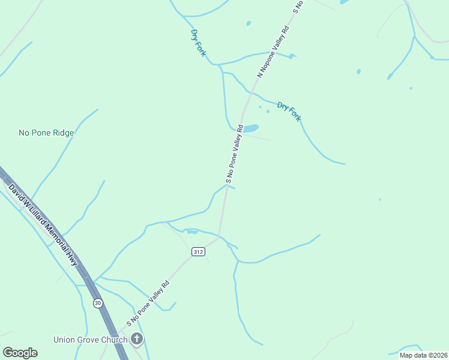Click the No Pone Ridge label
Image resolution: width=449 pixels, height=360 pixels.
[x=46, y=133]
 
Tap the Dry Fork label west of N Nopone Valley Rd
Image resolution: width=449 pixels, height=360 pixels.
[x=198, y=43]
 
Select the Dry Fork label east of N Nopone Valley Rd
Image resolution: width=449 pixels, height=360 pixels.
[x=289, y=111]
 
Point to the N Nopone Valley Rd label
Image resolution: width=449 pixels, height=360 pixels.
[x=273, y=52]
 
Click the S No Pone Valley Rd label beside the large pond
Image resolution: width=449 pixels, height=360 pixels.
[x=234, y=154]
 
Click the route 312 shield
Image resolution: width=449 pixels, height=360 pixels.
[x=198, y=252]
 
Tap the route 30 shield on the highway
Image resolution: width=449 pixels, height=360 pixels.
[x=98, y=303]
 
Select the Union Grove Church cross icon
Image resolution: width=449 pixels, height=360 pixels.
[x=137, y=340]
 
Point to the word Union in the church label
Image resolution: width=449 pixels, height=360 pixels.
[x=64, y=340]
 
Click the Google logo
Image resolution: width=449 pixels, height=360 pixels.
[x=20, y=353]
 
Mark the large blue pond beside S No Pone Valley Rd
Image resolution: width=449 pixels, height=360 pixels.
[x=251, y=128]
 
